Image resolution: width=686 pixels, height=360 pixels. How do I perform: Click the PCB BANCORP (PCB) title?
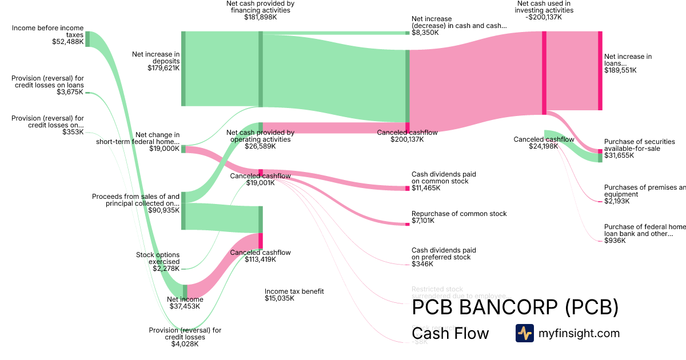515,307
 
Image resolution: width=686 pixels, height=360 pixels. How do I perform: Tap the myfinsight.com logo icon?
524,333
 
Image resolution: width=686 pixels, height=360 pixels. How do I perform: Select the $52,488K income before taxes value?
67,42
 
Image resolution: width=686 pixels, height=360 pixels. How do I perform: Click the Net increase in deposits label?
156,58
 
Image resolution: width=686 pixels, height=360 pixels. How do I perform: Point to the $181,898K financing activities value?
260,17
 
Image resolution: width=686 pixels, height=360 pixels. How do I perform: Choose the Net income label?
185,299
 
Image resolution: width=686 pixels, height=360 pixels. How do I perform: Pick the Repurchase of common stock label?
459,214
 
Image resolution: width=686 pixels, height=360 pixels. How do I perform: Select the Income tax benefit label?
294,291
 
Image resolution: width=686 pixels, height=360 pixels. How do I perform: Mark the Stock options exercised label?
158,258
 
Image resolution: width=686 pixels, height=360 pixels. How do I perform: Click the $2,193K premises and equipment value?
618,201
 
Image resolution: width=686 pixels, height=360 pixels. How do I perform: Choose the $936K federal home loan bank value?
615,241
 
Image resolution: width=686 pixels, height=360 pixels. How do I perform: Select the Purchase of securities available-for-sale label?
639,145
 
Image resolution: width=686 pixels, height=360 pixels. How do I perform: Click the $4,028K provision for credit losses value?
185,343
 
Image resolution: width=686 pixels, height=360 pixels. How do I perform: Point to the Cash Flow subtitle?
450,333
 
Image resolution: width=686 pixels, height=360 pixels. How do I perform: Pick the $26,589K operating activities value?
260,146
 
